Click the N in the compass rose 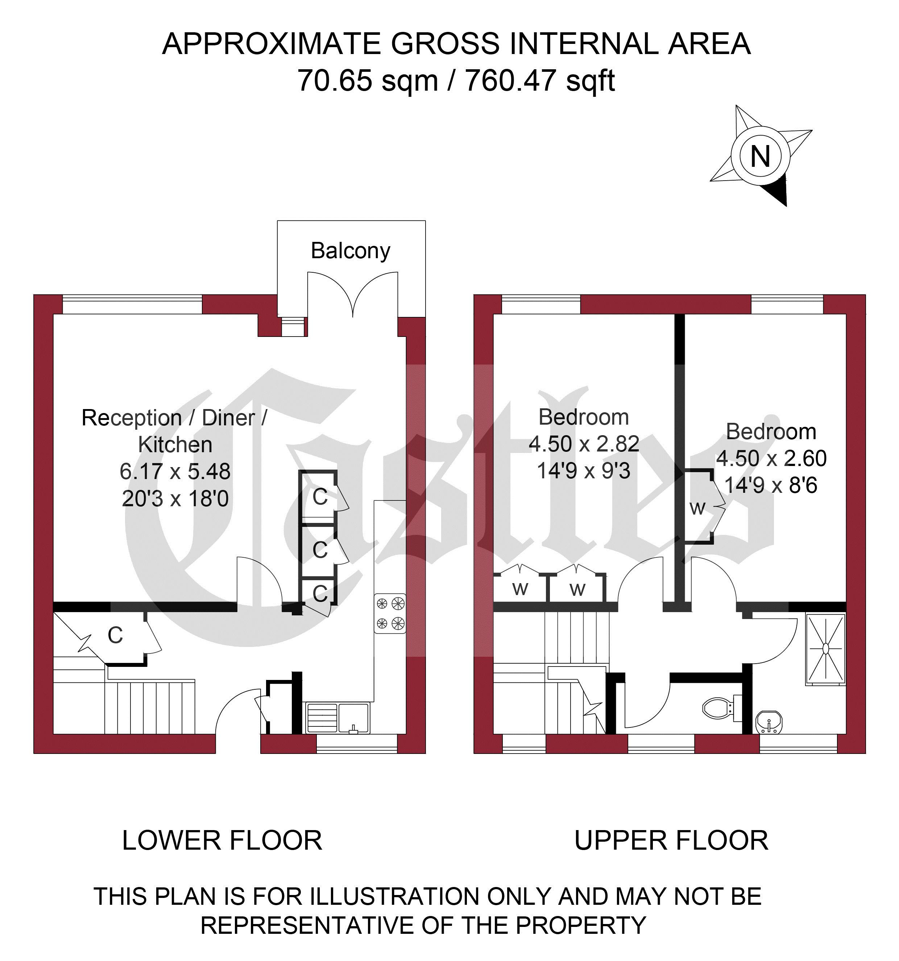tap(760, 156)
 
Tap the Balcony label tap(351, 251)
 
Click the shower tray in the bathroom tap(825, 648)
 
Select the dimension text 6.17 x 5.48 tap(175, 471)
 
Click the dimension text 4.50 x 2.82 tap(584, 444)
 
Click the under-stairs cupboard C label tap(115, 636)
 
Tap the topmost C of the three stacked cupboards tap(320, 496)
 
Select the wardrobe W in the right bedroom tap(697, 508)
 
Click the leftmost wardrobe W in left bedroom tap(520, 589)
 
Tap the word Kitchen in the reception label tap(175, 445)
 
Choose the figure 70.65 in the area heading tap(335, 81)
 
